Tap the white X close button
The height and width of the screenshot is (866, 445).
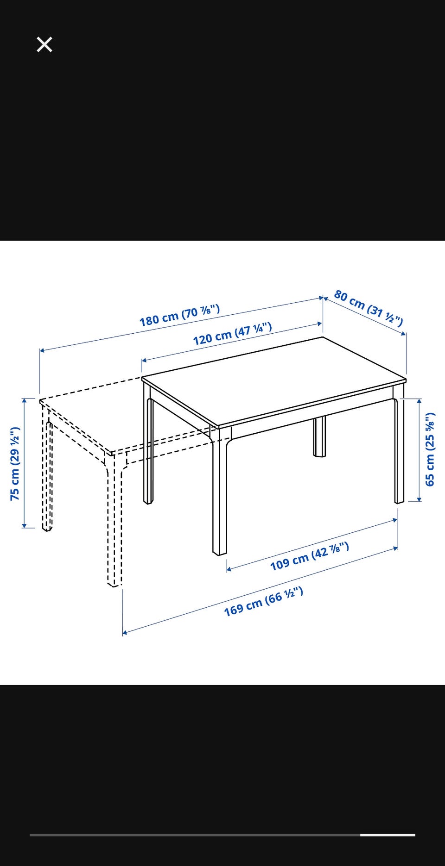tap(44, 44)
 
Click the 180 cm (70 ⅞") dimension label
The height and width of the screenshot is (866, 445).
tap(180, 315)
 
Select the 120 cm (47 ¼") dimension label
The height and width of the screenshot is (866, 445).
tap(232, 334)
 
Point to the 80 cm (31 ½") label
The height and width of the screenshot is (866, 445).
tap(369, 308)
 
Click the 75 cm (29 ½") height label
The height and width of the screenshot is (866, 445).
tap(15, 463)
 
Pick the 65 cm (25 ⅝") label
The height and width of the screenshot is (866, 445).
tap(430, 449)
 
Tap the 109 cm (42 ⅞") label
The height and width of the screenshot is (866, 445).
tap(309, 556)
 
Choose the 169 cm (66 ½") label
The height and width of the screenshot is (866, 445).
tap(263, 601)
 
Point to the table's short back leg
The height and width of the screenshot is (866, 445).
tap(319, 436)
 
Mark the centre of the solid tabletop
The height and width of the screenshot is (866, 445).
tap(274, 380)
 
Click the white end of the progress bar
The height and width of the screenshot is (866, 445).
tap(388, 835)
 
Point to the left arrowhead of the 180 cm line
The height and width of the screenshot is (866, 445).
tap(42, 350)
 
